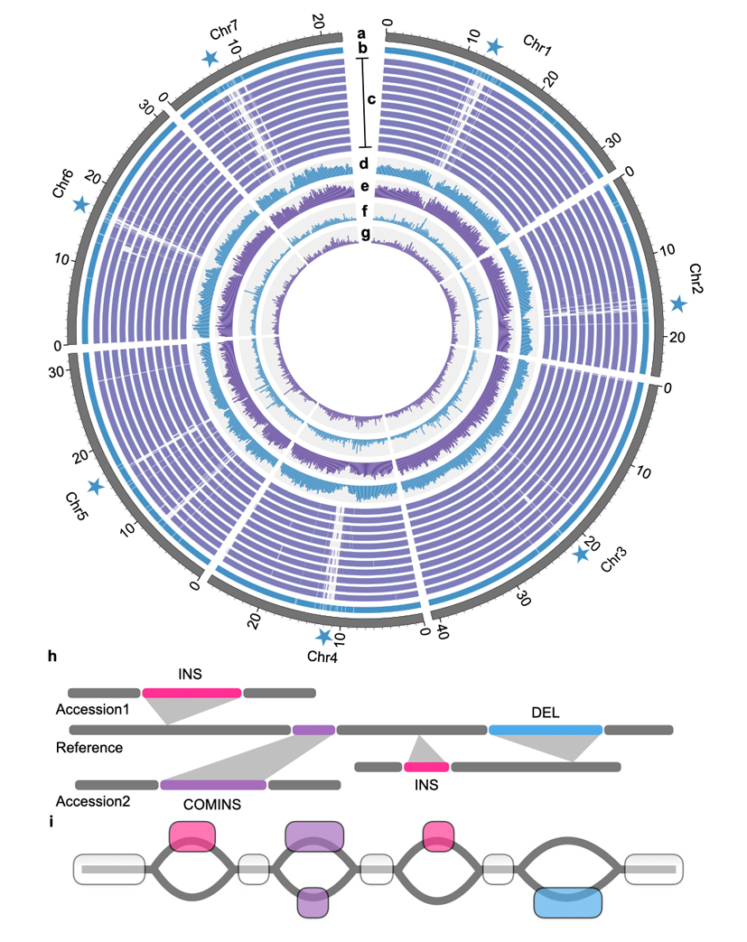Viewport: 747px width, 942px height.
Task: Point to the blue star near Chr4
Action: [322, 638]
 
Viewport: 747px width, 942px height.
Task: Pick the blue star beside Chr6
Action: [81, 204]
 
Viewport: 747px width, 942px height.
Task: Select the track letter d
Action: [364, 164]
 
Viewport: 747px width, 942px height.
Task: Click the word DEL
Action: [546, 713]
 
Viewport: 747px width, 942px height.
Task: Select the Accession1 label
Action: [92, 710]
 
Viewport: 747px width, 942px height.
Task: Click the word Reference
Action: [89, 748]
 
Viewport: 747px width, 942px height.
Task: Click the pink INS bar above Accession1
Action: [191, 693]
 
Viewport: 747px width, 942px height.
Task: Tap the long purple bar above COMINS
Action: [213, 785]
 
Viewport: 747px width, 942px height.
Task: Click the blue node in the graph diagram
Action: [567, 901]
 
